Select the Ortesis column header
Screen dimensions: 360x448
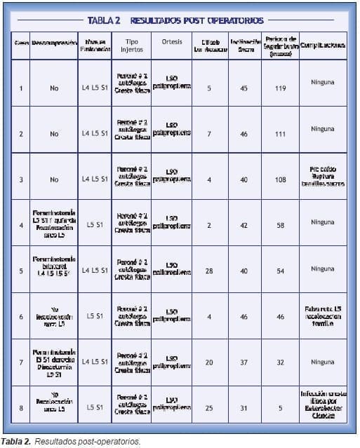pos(172,41)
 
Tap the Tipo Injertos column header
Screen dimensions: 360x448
pos(131,46)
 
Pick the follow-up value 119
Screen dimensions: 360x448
pos(281,88)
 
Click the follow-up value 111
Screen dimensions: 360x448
pos(281,133)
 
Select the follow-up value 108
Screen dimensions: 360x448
pos(281,179)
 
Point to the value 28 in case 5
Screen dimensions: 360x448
pos(209,270)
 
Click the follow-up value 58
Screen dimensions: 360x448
pos(281,224)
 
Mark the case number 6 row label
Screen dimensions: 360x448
pos(21,316)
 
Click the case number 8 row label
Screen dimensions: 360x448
pos(21,406)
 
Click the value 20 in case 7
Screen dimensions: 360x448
pos(209,362)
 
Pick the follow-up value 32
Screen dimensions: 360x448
pos(281,362)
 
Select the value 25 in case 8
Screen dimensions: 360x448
pos(209,406)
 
